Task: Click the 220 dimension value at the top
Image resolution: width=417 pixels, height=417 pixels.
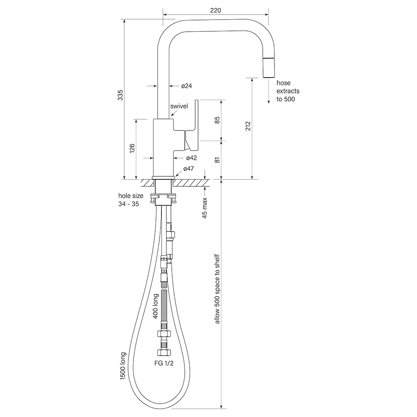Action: tap(215, 10)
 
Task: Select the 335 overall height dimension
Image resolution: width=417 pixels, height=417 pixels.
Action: tap(121, 96)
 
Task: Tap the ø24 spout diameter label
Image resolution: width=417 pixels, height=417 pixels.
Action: tap(186, 86)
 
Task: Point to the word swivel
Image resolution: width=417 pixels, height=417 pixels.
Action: tap(179, 106)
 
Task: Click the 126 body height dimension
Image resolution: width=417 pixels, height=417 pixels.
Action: tap(132, 149)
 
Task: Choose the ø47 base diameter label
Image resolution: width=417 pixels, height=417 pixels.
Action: tap(188, 169)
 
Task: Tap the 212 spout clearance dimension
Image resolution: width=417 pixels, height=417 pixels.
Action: tap(248, 126)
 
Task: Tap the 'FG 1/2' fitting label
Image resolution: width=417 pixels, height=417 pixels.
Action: tap(164, 363)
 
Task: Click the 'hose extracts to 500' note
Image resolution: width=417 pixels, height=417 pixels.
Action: tap(288, 91)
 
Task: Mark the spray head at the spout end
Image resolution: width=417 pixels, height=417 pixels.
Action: tap(269, 68)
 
